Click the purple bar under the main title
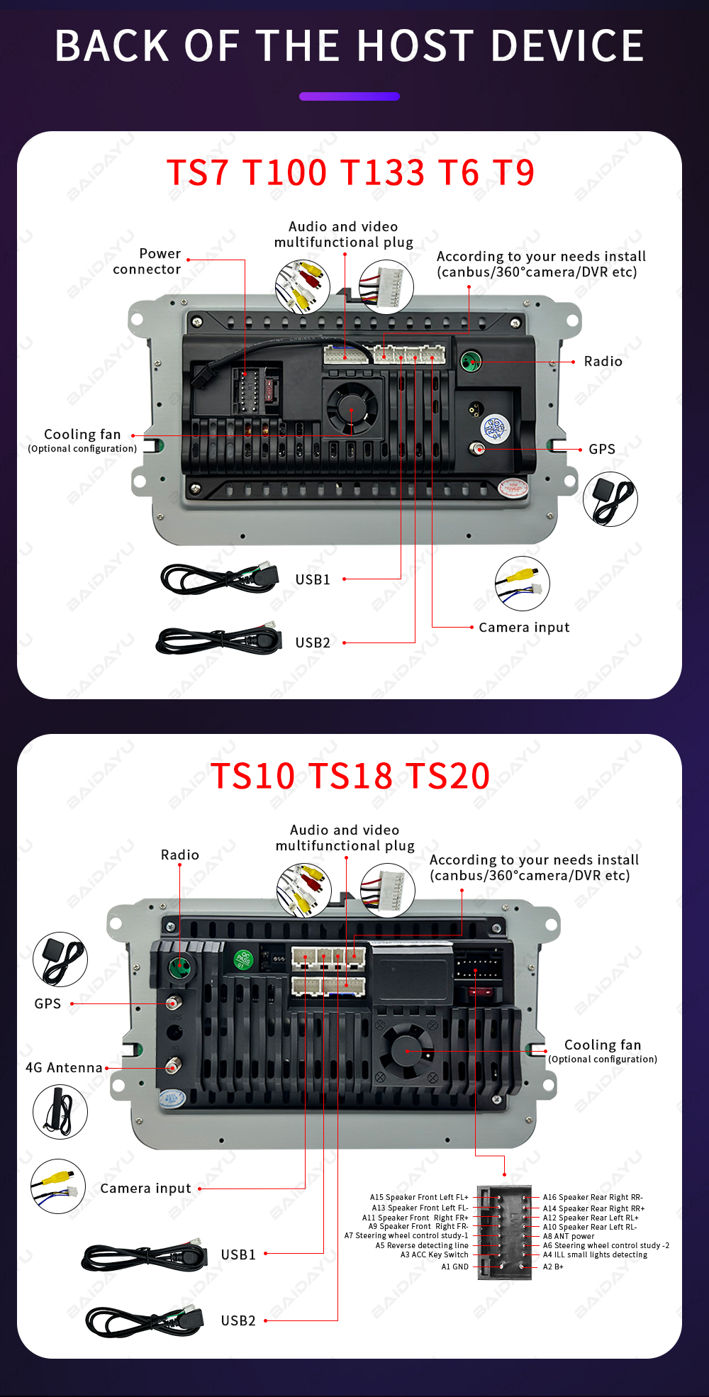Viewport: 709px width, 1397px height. tap(350, 96)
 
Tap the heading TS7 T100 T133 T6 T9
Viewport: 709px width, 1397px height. tap(350, 172)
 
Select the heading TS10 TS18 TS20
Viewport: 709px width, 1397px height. tap(350, 775)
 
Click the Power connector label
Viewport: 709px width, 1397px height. tap(147, 261)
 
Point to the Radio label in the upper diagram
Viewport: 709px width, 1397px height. tap(603, 361)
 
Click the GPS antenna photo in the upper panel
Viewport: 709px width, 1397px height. tap(610, 499)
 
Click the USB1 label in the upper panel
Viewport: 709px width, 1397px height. tap(313, 579)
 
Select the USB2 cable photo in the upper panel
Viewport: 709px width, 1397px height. tap(219, 640)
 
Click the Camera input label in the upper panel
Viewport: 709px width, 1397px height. tap(524, 627)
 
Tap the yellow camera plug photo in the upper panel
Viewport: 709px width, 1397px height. tap(523, 584)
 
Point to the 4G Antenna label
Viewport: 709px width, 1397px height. tap(64, 1067)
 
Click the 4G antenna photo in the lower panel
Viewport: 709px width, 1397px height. tap(60, 1111)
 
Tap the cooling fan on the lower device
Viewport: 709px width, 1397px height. tap(407, 1051)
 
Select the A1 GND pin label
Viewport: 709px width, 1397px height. tap(454, 1267)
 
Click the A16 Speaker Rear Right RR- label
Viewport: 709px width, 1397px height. tap(593, 1197)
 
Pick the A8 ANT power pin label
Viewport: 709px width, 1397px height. tap(569, 1236)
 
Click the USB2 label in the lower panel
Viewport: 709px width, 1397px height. tap(238, 1320)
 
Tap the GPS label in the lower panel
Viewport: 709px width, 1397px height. tap(48, 1003)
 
